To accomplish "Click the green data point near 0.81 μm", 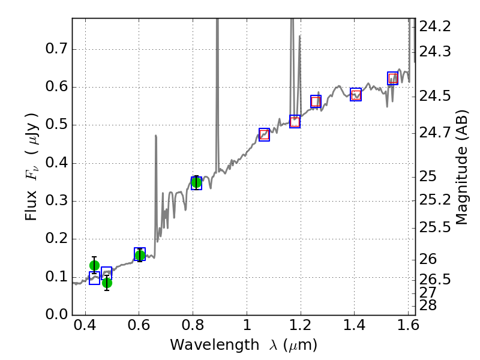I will click(196, 182).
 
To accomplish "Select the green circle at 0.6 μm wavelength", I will click(140, 255).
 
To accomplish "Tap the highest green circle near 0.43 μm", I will click(94, 265).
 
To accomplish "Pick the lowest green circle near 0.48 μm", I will click(107, 283).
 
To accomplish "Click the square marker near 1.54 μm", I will click(392, 78).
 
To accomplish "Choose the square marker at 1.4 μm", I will click(356, 94).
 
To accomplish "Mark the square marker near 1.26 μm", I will click(316, 101).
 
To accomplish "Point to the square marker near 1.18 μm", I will click(295, 122).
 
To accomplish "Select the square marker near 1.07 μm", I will click(264, 134).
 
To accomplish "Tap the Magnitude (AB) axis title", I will click(462, 167).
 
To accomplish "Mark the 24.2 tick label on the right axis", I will click(435, 27).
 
